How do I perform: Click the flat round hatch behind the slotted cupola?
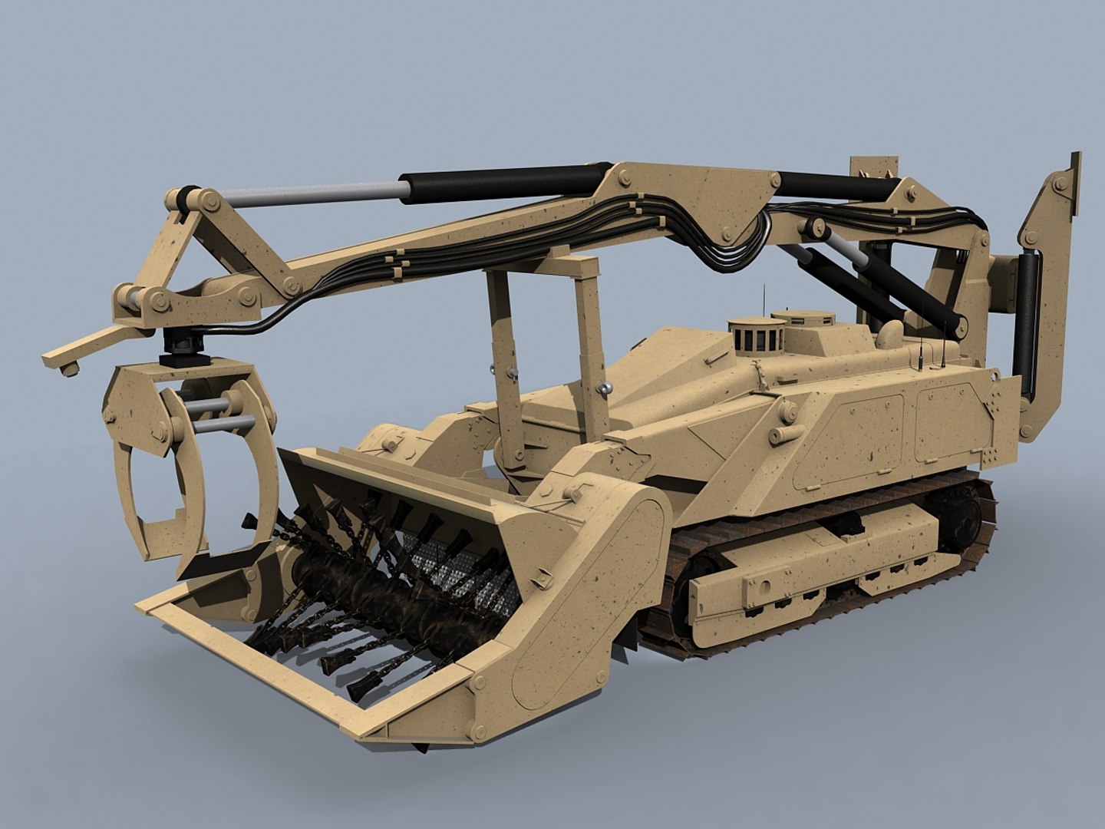[802, 317]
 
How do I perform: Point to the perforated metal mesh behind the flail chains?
[460, 576]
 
